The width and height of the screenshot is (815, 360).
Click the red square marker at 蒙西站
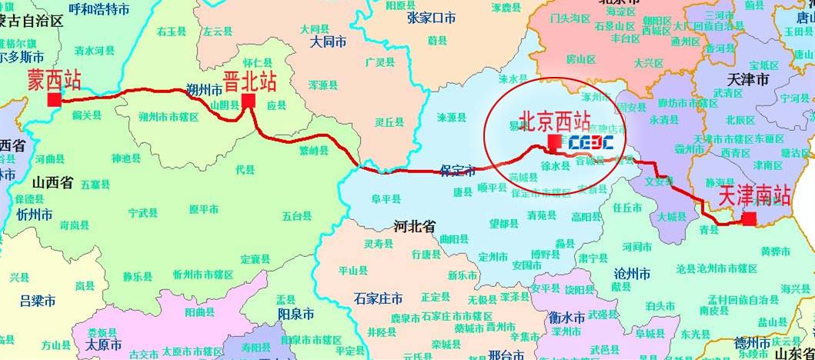(x=54, y=100)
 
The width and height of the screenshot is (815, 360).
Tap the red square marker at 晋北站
(x=248, y=101)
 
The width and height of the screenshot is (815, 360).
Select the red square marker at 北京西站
(x=554, y=141)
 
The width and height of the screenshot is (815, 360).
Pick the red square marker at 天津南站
(x=748, y=220)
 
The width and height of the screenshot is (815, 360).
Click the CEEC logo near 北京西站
(x=590, y=142)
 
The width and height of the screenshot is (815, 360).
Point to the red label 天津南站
(x=754, y=196)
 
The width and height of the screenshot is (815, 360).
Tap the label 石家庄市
(x=378, y=298)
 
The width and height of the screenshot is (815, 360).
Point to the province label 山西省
(x=52, y=182)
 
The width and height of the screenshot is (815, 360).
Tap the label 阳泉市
(x=296, y=315)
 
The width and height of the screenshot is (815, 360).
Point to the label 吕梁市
(x=37, y=299)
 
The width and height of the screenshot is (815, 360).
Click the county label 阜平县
(x=387, y=199)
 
